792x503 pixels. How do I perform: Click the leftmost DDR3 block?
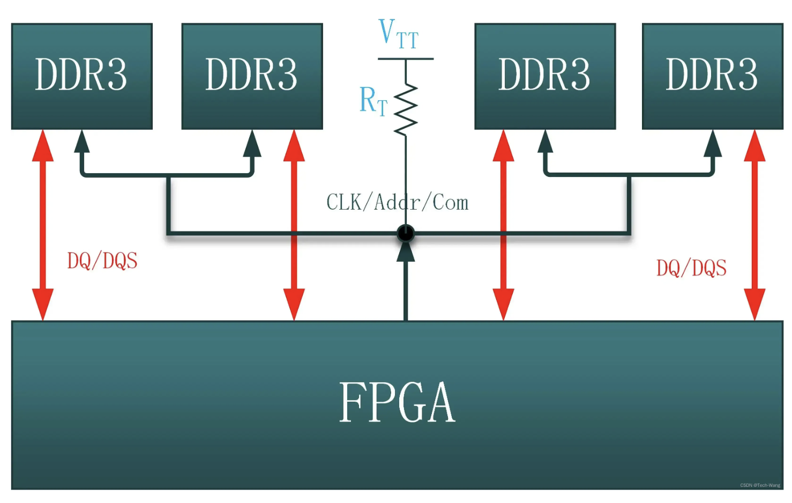tap(81, 76)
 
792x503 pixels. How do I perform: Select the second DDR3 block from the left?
tap(252, 76)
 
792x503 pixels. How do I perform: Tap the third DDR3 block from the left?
tap(545, 76)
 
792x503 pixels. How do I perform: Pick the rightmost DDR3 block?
tap(712, 76)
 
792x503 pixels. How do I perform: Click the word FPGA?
tap(397, 403)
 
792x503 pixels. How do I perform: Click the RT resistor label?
tap(373, 101)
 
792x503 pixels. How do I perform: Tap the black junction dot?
tap(406, 233)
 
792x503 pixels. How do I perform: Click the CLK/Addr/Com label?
tap(397, 203)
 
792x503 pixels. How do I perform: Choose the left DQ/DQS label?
tap(102, 261)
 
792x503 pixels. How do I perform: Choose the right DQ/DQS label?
tap(691, 268)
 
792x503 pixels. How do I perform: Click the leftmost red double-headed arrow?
tap(43, 225)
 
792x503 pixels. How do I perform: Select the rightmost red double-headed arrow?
tap(754, 225)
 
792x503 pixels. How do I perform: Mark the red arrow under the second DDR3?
tap(294, 225)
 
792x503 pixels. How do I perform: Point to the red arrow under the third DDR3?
tap(503, 225)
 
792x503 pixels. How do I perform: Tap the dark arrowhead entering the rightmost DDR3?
tap(712, 144)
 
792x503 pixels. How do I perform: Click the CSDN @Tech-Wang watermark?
tap(760, 485)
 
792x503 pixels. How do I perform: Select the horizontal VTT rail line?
tap(406, 58)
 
